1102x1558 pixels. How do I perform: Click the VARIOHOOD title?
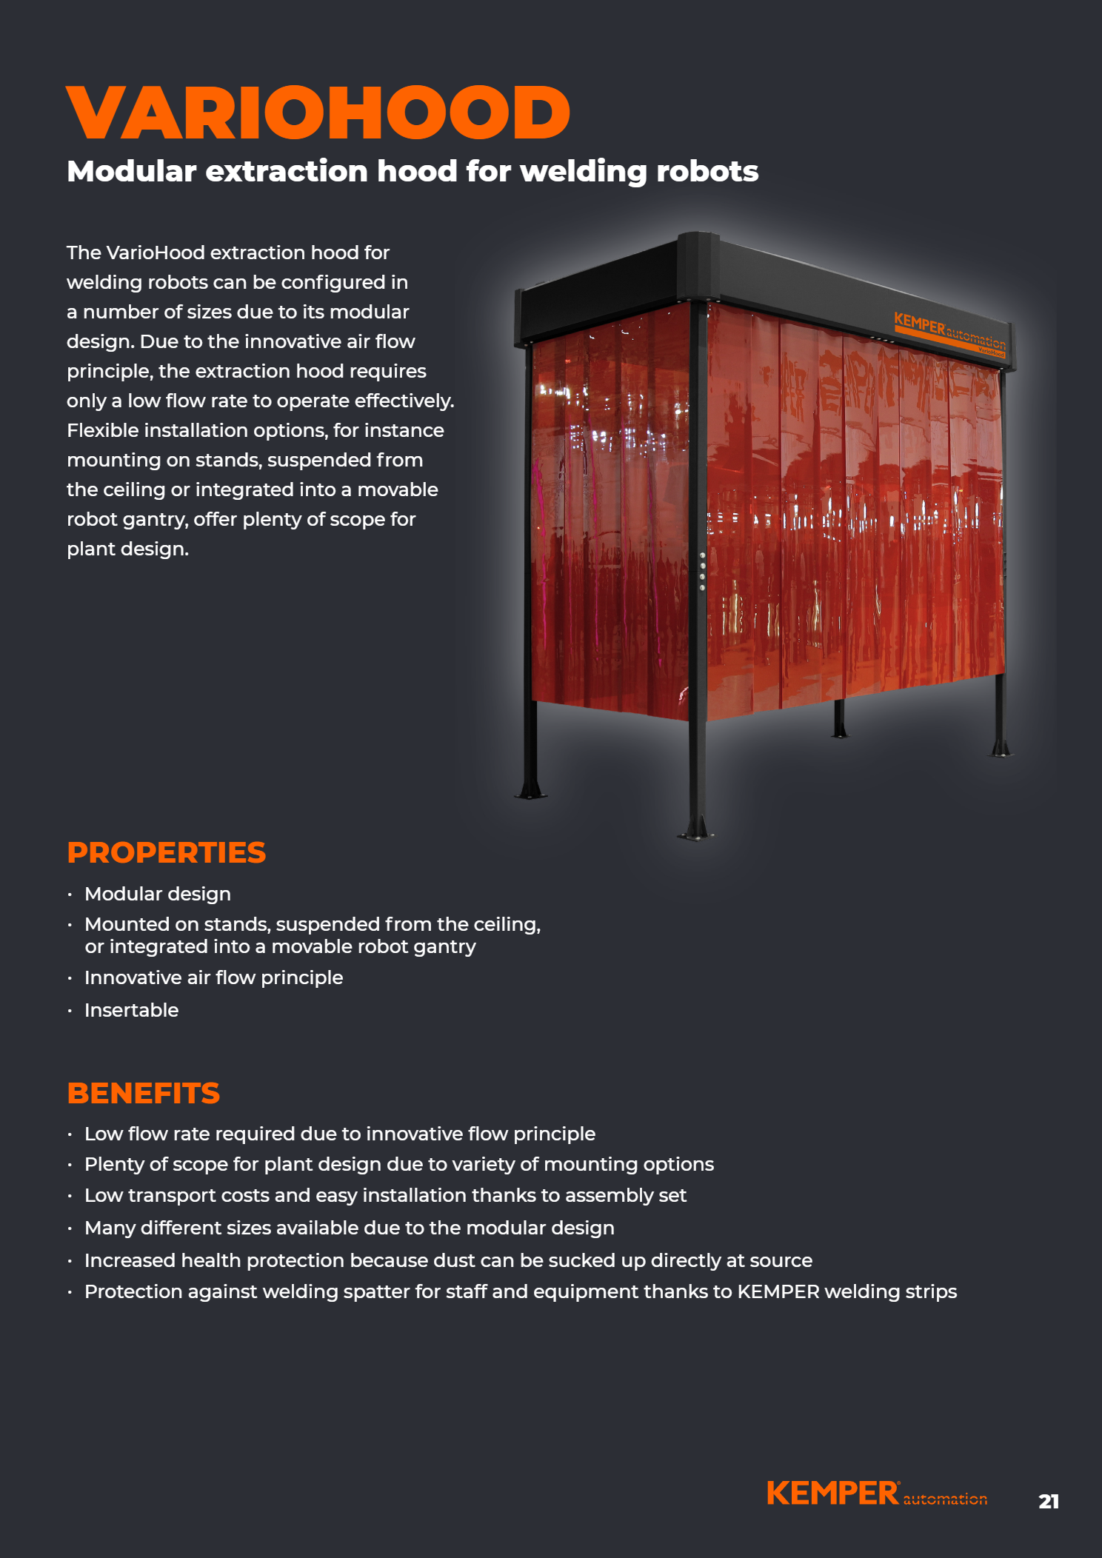click(318, 113)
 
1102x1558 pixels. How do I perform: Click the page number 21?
click(1048, 1501)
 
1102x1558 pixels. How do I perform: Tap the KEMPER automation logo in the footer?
click(877, 1494)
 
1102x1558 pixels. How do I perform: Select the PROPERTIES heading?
click(166, 853)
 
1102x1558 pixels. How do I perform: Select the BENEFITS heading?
click(144, 1094)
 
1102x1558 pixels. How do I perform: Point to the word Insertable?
click(132, 1010)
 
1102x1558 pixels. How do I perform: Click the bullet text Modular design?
click(158, 894)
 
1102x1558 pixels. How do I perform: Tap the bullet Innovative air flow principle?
click(213, 977)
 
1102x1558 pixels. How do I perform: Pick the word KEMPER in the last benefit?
click(778, 1291)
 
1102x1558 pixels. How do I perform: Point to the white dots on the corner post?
click(702, 571)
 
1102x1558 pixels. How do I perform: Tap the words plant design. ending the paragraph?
click(127, 549)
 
